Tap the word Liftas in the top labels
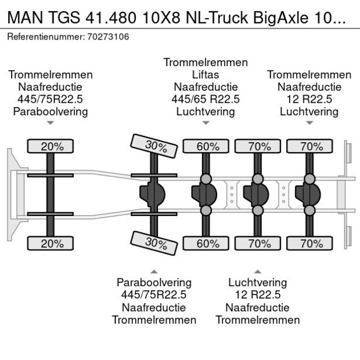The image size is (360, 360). pos(206,75)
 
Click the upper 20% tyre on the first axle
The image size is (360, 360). pos(52,146)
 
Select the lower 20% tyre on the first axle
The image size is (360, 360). pos(52,244)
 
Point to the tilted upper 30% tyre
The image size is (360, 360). pos(155,146)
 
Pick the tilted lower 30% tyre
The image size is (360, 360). pos(155,243)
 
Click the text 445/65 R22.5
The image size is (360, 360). pos(206,99)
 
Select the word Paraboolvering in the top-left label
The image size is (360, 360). pos(51,111)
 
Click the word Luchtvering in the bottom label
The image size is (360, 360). pos(257,283)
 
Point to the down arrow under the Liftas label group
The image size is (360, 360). pos(206,123)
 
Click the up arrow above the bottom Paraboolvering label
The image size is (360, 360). pos(154,271)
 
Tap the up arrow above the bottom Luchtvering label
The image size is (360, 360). pos(257,271)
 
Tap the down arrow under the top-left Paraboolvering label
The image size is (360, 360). pos(51,123)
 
